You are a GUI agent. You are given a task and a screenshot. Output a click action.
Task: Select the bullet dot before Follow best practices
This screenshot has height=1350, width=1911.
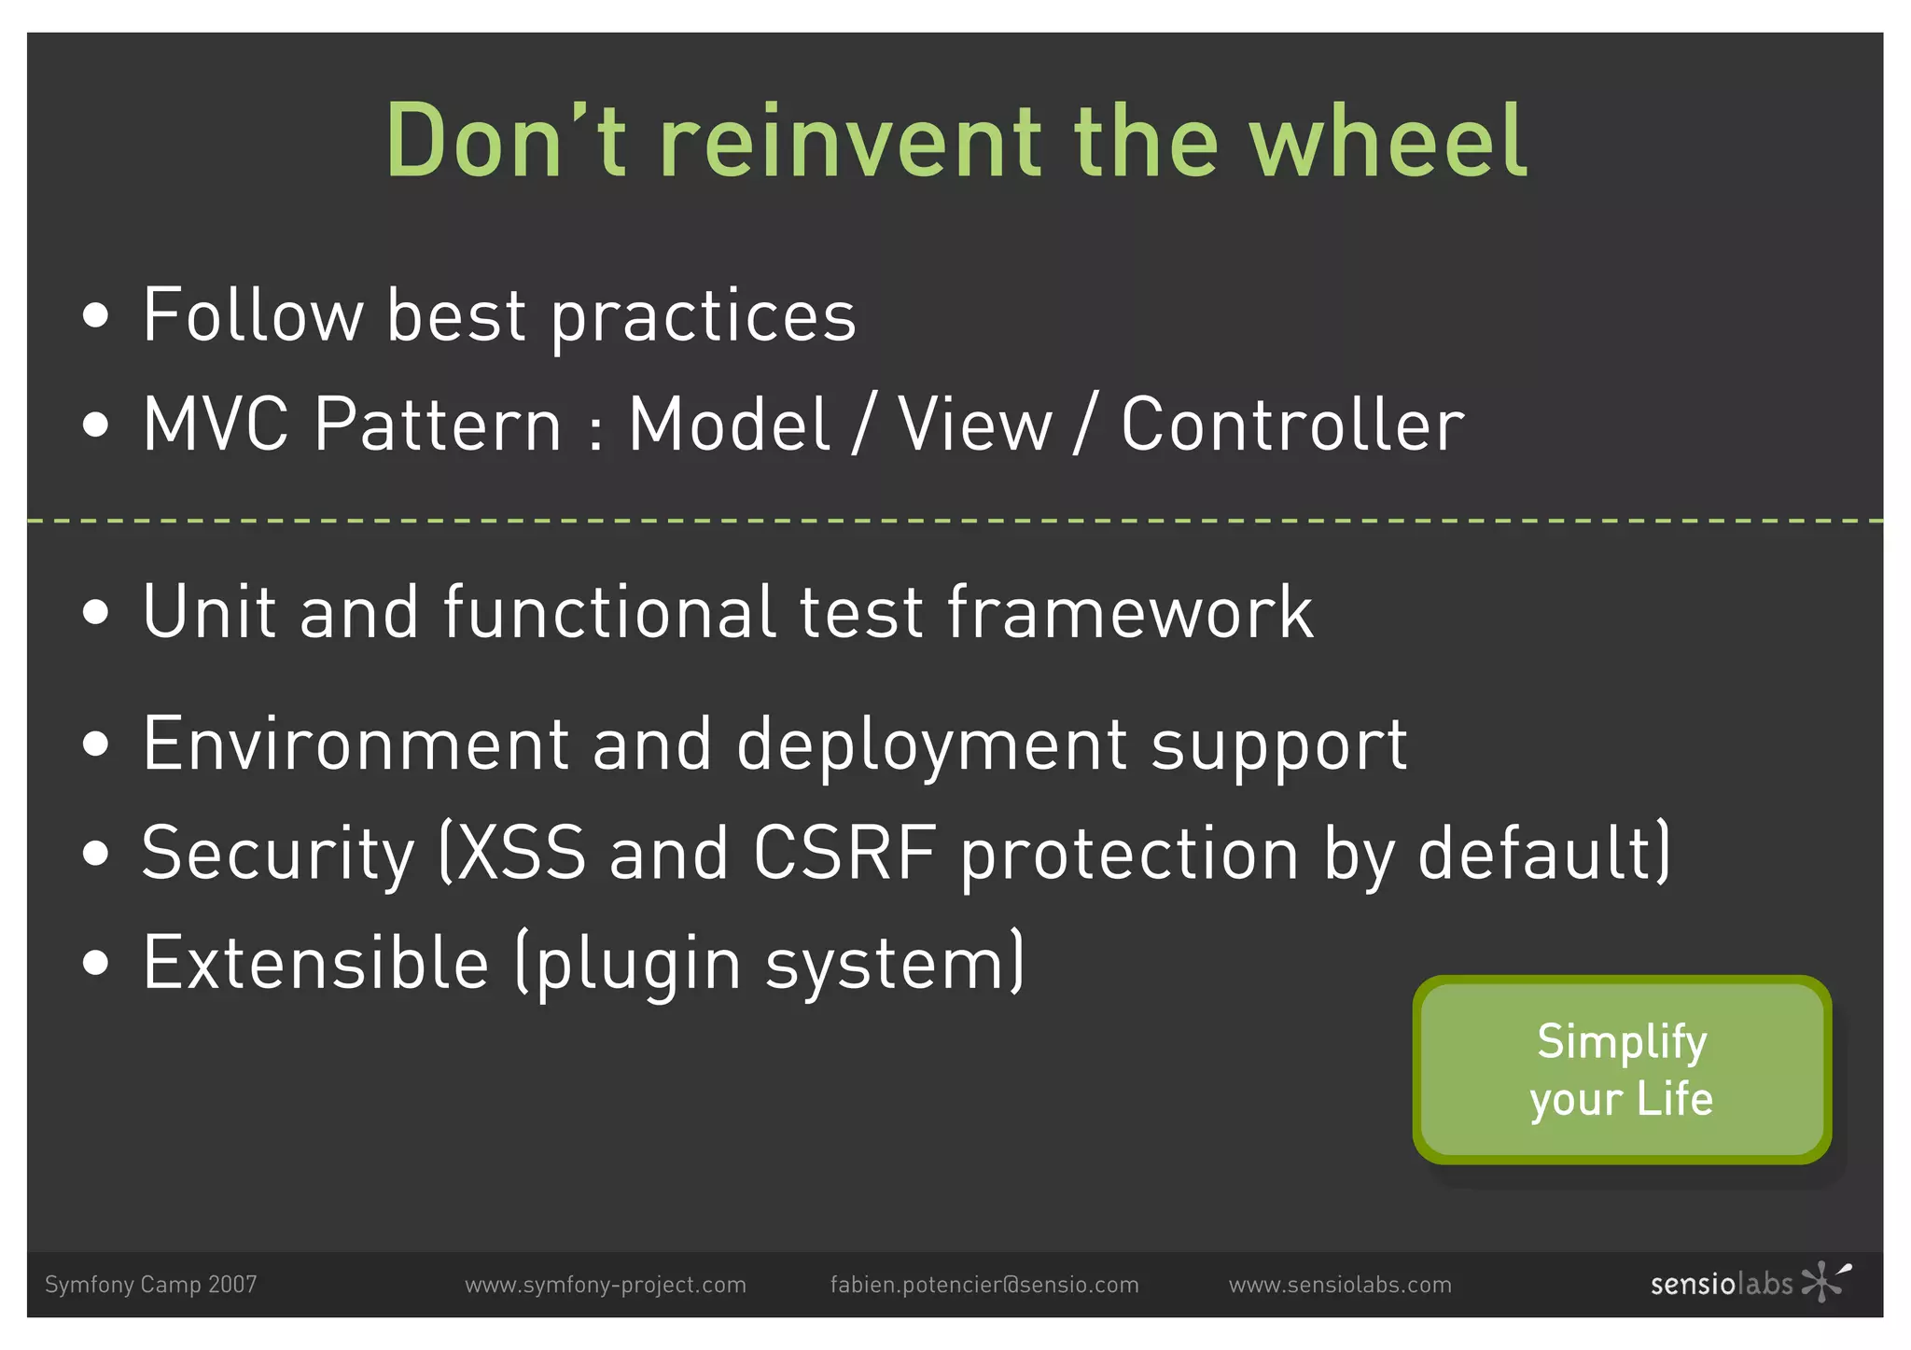point(95,316)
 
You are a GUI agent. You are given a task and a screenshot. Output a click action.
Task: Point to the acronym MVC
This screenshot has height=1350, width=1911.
point(216,425)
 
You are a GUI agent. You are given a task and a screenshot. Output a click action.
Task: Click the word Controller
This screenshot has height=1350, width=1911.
point(1292,425)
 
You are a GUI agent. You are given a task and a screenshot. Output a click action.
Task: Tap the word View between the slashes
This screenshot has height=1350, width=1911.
point(974,425)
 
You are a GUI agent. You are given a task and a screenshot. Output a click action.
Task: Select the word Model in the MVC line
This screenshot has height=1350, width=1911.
point(729,425)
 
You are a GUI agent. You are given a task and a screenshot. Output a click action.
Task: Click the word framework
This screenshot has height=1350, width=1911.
point(1130,613)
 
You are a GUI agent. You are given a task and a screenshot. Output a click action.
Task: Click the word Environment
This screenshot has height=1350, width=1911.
point(356,745)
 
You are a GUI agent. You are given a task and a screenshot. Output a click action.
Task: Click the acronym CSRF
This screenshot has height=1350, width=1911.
point(844,853)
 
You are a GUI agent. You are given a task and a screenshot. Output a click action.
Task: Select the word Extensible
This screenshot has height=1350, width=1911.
point(315,963)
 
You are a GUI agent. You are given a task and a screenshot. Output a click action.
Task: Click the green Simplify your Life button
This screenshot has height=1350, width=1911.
point(1622,1069)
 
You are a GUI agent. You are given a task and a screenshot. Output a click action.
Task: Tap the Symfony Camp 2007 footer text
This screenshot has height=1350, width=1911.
point(150,1285)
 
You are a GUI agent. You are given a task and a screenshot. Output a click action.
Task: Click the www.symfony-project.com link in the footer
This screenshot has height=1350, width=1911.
point(606,1285)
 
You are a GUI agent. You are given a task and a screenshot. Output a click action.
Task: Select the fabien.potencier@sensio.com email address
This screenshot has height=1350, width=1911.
point(984,1285)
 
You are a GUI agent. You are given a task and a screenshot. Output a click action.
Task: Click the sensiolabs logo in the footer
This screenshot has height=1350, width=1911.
point(1750,1283)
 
